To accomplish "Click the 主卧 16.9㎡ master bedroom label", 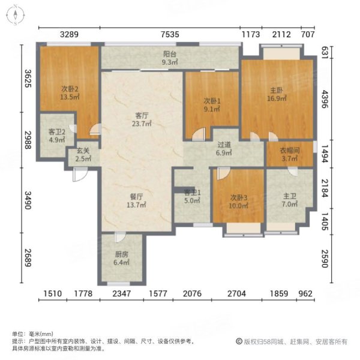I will [x=276, y=95].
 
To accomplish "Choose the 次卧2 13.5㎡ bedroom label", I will [x=69, y=94].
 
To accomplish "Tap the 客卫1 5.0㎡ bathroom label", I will [x=191, y=197].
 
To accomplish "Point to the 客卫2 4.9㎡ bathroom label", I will [x=58, y=136].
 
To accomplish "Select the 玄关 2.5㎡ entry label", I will [x=83, y=155].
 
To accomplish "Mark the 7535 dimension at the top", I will [x=169, y=34].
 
